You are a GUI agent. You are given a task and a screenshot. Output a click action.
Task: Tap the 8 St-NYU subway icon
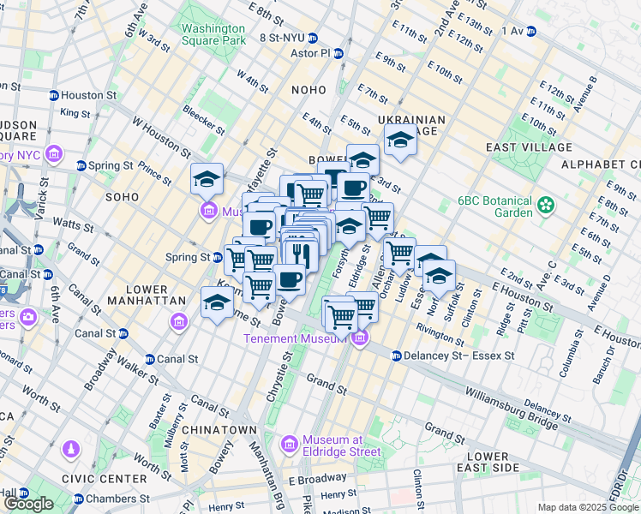pyautogui.click(x=314, y=38)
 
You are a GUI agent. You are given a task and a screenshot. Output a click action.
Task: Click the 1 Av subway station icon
pyautogui.click(x=530, y=31)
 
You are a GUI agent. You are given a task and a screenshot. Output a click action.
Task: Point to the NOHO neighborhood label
pyautogui.click(x=308, y=89)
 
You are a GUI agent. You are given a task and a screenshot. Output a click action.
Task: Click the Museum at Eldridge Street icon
pyautogui.click(x=289, y=443)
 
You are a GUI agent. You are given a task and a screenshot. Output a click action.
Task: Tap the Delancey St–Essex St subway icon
pyautogui.click(x=396, y=356)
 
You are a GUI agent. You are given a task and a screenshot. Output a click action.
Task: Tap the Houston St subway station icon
pyautogui.click(x=53, y=96)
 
